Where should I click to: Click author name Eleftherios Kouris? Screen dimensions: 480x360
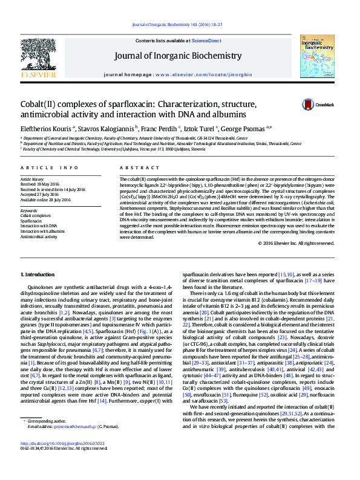click(x=46, y=128)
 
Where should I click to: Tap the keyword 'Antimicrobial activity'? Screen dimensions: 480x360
click(x=39, y=236)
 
